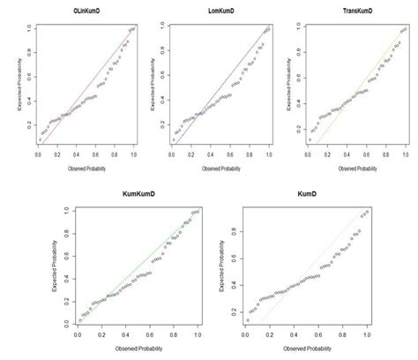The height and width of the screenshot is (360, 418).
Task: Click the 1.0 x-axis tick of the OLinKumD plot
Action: pyautogui.click(x=132, y=154)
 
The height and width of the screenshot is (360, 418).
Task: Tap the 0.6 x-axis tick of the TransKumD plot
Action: pyautogui.click(x=368, y=154)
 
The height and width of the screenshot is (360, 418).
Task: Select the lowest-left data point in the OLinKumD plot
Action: pyautogui.click(x=39, y=139)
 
